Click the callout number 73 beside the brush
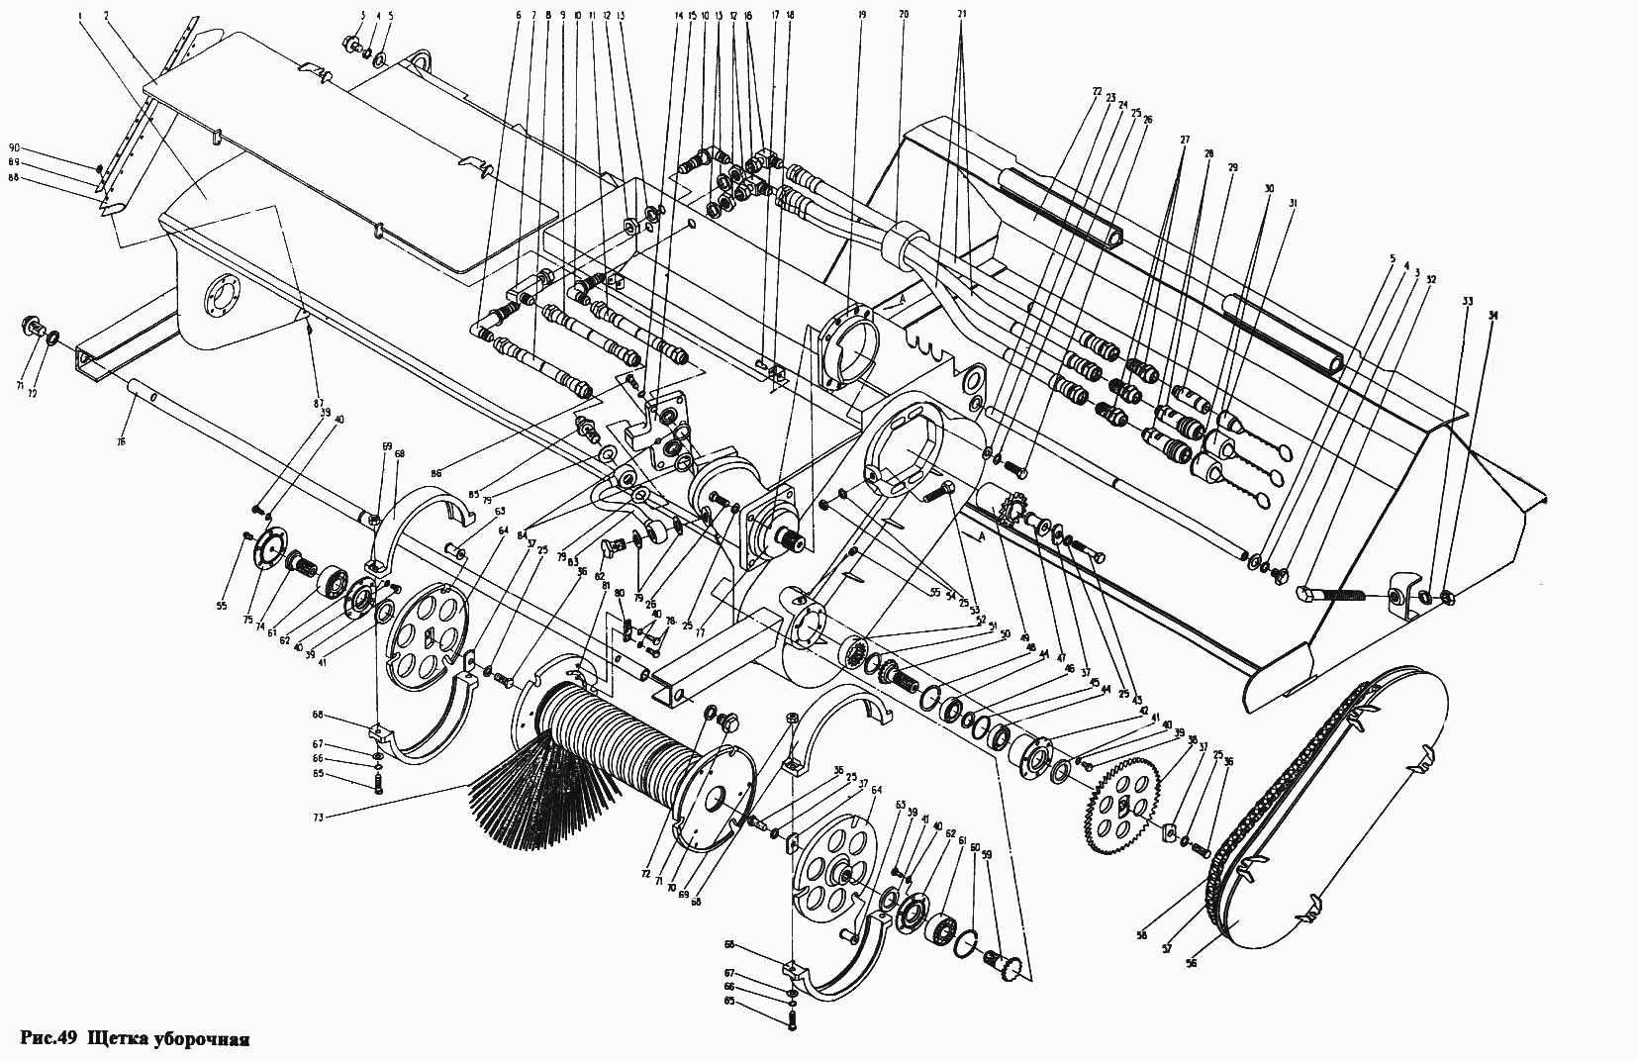point(317,817)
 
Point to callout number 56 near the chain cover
point(1191,963)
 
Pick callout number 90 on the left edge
point(96,147)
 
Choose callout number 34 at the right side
point(1493,316)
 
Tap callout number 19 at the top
point(861,16)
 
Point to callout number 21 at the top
point(963,16)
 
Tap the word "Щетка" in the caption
point(118,1039)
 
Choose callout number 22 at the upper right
point(1097,92)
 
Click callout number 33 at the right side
point(1467,301)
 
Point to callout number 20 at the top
point(903,16)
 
